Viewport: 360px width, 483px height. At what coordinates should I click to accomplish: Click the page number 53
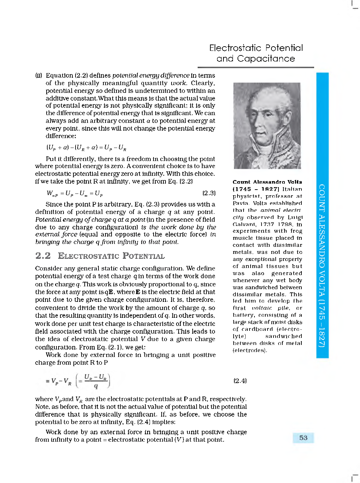tap(303, 438)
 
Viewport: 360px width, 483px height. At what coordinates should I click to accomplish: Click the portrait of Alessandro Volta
tap(267, 126)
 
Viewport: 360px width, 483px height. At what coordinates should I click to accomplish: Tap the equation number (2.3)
tap(209, 193)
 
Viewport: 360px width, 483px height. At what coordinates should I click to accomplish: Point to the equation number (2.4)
tap(240, 381)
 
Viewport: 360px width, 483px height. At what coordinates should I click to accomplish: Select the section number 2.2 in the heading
tap(43, 256)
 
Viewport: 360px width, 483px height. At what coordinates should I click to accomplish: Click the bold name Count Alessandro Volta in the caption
tap(267, 182)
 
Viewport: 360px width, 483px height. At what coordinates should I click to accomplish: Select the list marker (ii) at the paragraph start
tap(38, 76)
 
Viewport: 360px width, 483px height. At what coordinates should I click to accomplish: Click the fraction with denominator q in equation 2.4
tap(96, 381)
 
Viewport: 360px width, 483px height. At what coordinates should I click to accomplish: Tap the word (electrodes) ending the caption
tap(250, 350)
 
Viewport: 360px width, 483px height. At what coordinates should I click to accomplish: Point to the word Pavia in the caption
tap(241, 203)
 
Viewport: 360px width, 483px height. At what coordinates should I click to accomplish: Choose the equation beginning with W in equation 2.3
tap(74, 193)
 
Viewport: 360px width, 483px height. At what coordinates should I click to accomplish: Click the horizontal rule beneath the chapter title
tap(256, 67)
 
